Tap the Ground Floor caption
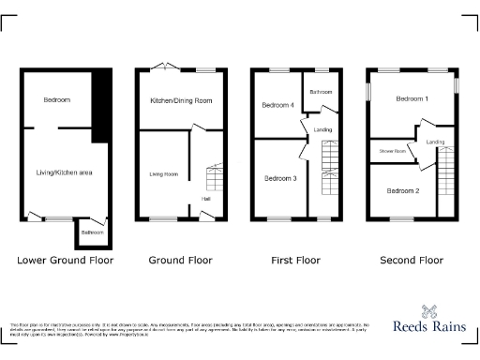coord(180,261)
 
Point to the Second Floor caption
coord(411,261)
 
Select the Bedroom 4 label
coord(278,105)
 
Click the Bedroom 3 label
coord(279,178)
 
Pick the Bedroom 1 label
coord(412,98)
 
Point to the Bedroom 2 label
coord(403,190)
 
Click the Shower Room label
coord(393,151)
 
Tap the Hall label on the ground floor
coord(204,198)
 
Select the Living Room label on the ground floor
coord(164,173)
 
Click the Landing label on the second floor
coord(435,142)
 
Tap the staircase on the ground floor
coord(214,175)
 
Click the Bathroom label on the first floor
coord(322,92)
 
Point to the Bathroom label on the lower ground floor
coord(92,232)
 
